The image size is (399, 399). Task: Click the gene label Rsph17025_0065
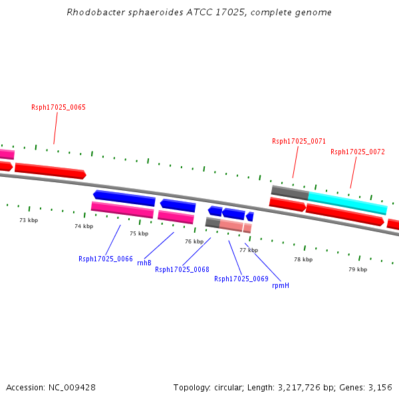pos(59,107)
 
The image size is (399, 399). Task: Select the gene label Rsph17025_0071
pos(299,141)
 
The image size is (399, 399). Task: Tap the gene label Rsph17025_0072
pos(357,152)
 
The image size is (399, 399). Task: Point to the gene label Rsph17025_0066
pos(106,259)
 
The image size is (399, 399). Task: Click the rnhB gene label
pos(144,263)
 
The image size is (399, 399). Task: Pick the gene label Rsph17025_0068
pos(182,269)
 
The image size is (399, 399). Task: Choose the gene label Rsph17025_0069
pos(241,279)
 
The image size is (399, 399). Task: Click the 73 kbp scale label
pos(28,220)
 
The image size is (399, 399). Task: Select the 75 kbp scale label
pos(139,233)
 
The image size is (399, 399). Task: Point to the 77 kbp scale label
pos(249,250)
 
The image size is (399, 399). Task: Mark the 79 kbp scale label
pos(358,269)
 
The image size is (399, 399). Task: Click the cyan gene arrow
pos(347,202)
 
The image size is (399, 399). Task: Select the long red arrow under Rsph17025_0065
pos(51,170)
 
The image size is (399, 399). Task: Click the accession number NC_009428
pos(73,387)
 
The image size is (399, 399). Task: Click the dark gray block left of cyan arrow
pos(289,192)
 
